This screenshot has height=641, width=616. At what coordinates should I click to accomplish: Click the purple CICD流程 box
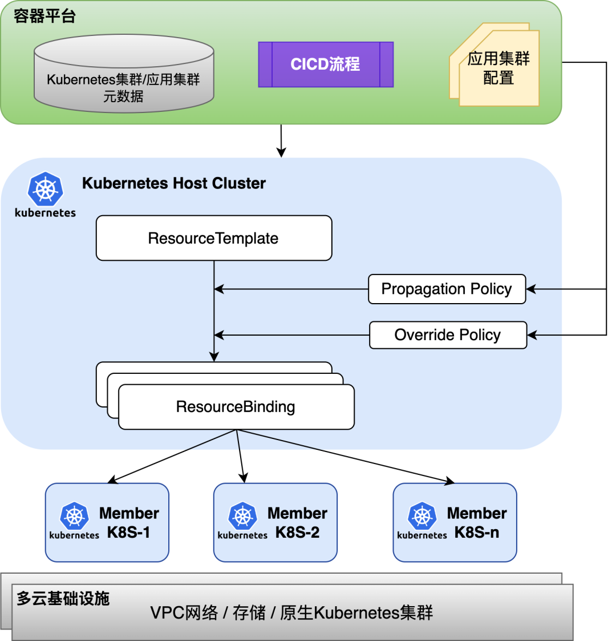point(326,64)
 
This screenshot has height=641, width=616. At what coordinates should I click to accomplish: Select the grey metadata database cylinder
point(124,77)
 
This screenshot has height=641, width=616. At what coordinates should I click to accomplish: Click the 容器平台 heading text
point(44,16)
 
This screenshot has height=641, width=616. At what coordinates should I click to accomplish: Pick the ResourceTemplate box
point(214,238)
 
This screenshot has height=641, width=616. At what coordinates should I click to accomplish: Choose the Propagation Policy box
point(447,289)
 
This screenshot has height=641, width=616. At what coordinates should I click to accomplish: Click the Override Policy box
point(448,335)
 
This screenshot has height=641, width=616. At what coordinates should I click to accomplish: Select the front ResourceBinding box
point(236,407)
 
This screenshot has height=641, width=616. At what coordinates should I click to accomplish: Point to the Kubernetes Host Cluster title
point(174,183)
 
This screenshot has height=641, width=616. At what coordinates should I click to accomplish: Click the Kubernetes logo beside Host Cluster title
point(45,190)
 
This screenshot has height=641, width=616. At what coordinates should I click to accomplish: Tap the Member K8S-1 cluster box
point(107,522)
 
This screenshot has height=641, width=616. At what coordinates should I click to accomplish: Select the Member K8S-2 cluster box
point(275,522)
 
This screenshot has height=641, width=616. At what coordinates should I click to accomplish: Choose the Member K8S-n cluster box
point(455,522)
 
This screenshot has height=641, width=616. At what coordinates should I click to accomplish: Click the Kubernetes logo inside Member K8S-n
point(422,517)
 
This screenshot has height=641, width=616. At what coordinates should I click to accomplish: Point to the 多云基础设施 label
point(63,598)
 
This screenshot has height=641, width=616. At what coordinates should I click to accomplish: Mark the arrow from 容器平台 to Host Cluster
point(281,140)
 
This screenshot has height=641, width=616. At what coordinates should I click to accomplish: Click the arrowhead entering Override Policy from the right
point(532,335)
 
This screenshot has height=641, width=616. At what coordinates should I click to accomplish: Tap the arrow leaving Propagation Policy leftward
point(291,289)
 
